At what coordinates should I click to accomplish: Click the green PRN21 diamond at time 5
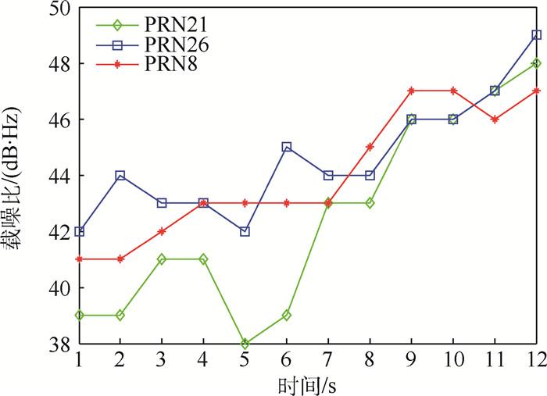point(245,344)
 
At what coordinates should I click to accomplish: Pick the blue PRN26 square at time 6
point(287,147)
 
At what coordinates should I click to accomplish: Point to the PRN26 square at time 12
point(537,35)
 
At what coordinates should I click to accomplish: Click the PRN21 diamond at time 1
point(78,316)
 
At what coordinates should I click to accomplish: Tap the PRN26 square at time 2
point(120,175)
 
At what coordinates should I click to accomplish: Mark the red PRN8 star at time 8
point(370,147)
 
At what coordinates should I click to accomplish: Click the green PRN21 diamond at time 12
point(537,63)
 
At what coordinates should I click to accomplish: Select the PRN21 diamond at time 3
point(162,259)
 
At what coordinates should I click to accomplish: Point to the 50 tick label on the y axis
point(61,9)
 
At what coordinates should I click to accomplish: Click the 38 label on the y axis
point(61,344)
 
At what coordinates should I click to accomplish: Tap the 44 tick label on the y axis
point(61,176)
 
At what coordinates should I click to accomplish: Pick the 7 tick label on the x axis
point(328,359)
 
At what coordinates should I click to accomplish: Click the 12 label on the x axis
point(535,359)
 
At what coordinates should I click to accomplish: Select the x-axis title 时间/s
point(307,383)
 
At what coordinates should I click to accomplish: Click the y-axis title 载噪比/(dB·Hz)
point(17,176)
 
